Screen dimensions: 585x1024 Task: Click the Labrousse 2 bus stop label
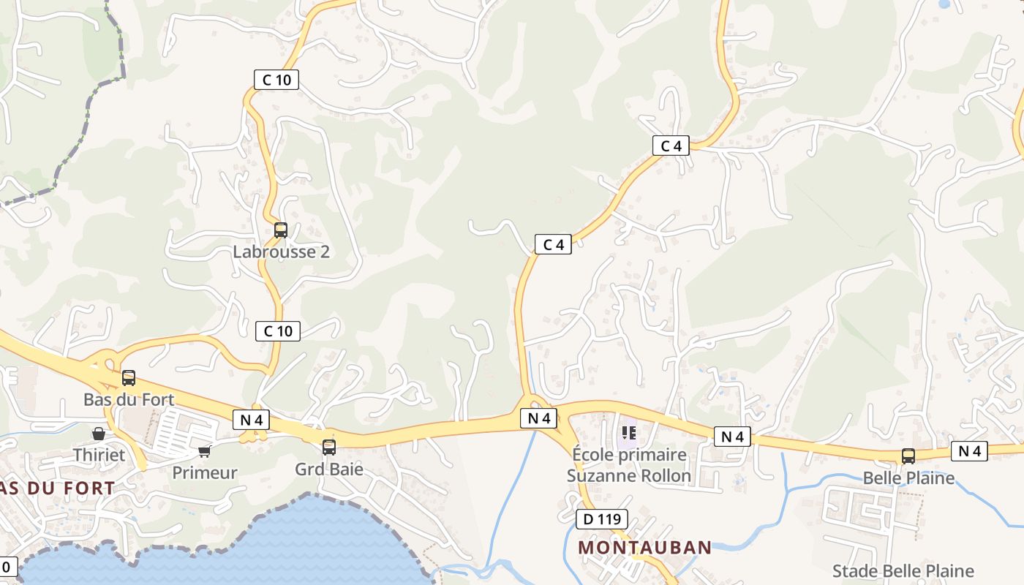(281, 252)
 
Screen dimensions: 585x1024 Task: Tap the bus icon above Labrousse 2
(281, 230)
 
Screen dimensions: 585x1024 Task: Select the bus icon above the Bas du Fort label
(129, 378)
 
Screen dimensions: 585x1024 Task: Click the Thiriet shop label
(99, 455)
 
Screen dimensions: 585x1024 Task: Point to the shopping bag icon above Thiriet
(99, 434)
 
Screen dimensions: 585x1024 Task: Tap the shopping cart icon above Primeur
(205, 451)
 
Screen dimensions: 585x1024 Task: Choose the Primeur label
(205, 473)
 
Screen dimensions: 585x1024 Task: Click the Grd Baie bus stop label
(329, 469)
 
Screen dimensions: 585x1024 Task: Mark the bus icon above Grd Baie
(329, 447)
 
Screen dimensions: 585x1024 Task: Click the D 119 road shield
(602, 520)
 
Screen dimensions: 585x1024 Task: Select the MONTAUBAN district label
(644, 548)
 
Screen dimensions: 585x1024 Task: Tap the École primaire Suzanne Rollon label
(629, 466)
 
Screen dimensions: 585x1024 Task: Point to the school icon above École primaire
(629, 433)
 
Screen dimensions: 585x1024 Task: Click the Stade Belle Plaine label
(903, 571)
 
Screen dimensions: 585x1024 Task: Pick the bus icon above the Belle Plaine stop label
(908, 456)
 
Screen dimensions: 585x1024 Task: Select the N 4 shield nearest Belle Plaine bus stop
(969, 451)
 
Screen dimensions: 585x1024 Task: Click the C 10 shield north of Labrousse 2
(276, 80)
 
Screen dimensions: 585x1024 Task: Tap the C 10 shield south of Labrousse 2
(278, 331)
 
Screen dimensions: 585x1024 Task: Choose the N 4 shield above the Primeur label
(251, 420)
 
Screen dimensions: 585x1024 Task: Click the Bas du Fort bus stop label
(129, 400)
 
